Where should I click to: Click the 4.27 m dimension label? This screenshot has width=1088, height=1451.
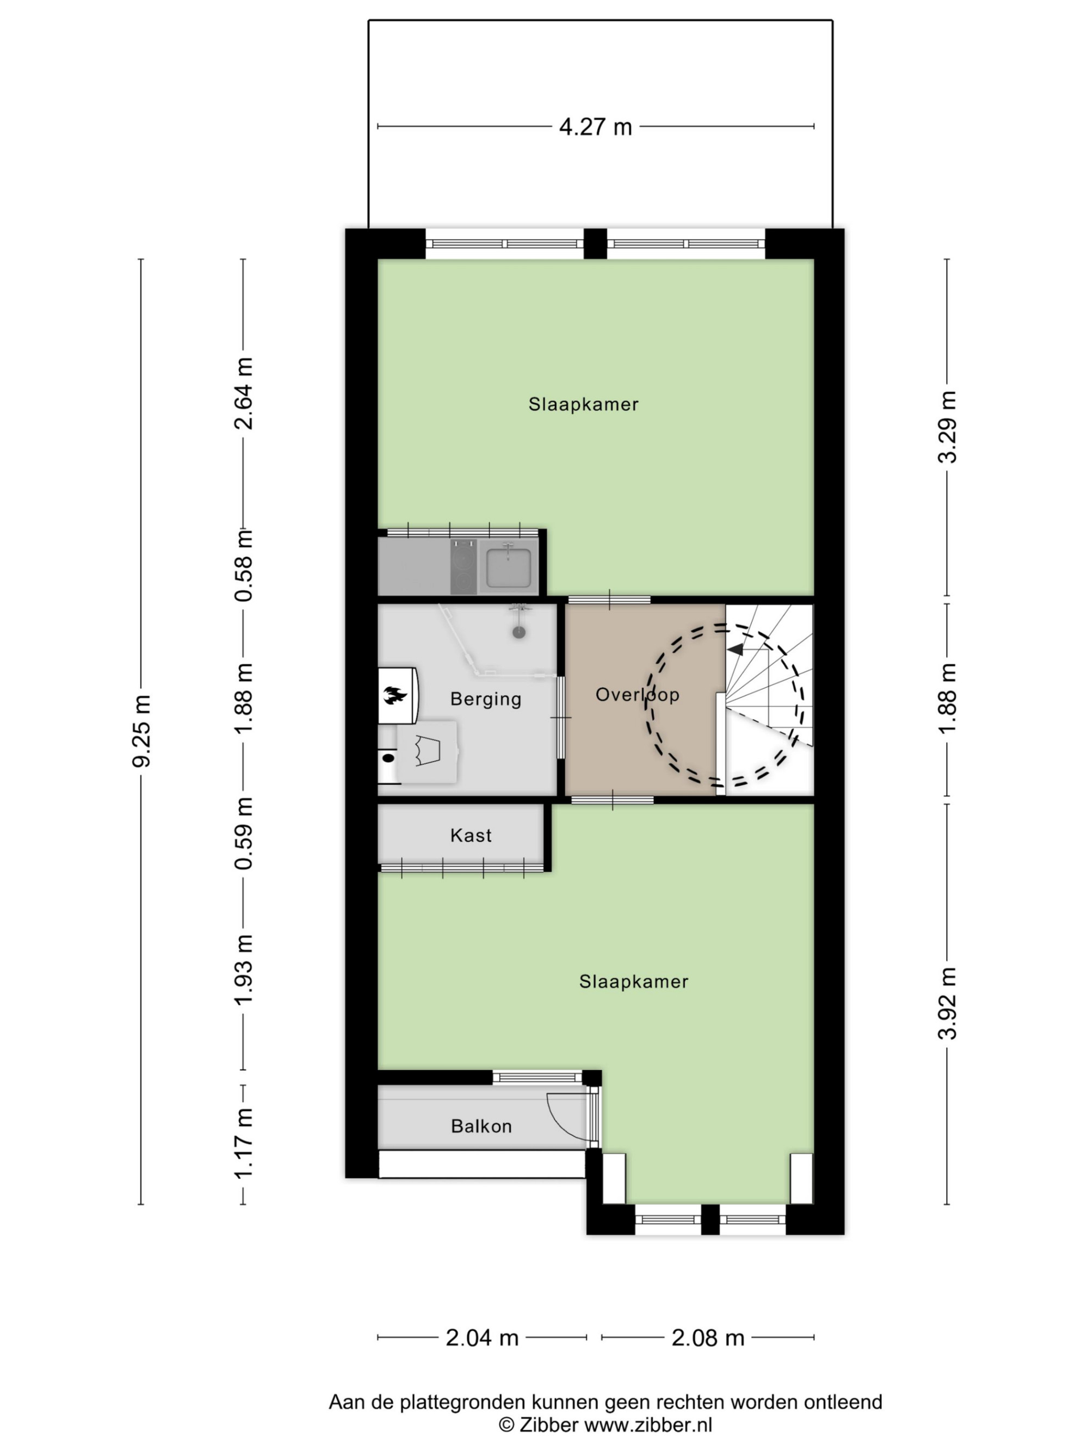pos(595,126)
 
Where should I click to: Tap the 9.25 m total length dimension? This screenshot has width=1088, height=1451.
pos(141,730)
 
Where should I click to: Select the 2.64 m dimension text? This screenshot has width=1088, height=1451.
pos(244,393)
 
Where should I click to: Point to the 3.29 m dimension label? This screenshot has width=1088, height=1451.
pos(947,427)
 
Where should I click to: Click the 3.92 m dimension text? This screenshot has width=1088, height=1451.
pos(947,1004)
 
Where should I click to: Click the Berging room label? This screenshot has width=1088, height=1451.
pos(486,699)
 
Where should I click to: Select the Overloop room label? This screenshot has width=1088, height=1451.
pos(637,694)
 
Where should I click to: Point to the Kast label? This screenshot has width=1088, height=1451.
pos(471,835)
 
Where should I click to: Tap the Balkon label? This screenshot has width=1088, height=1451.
pos(481,1126)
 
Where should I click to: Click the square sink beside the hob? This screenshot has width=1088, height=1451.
pos(508,566)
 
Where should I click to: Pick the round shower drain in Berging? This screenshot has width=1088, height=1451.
pos(519,632)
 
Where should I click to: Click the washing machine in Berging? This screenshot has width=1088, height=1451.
pos(427,752)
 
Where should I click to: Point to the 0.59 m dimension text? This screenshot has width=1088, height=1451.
pos(244,833)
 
